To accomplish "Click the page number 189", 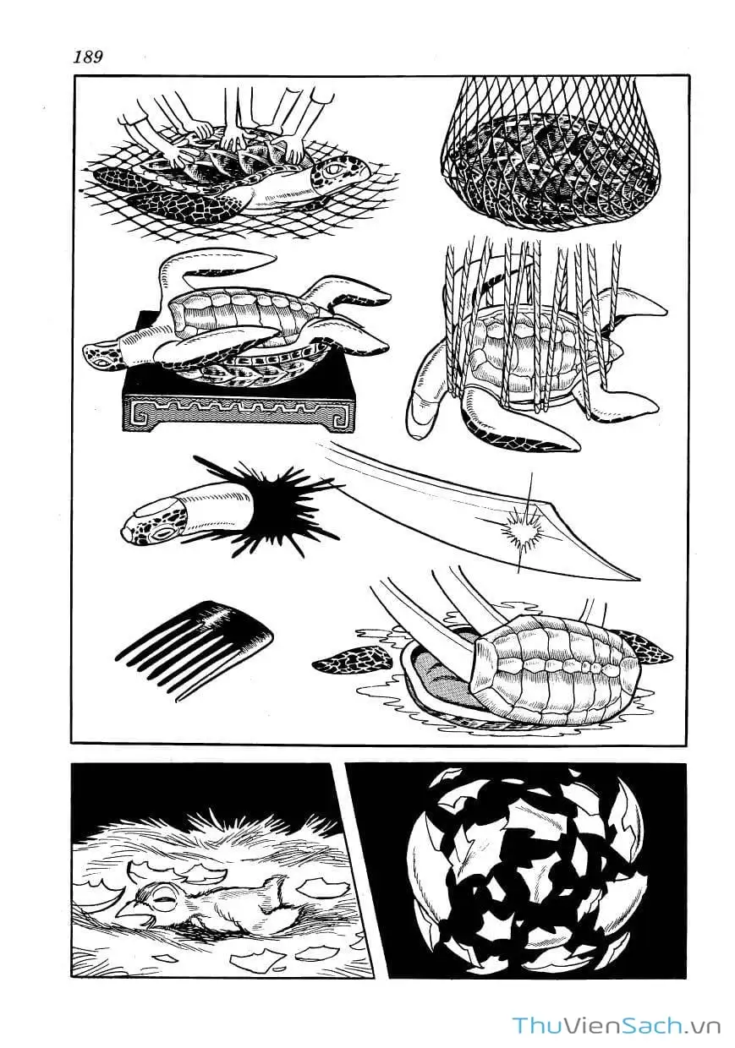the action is (88, 57).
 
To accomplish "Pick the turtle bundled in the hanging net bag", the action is (552, 172).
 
